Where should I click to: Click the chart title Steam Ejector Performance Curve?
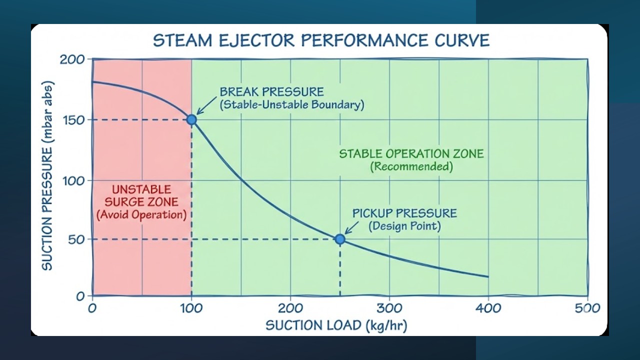click(321, 40)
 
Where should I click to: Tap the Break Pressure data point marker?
click(191, 119)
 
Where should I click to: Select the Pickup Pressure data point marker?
click(340, 239)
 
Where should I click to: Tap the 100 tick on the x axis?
click(191, 308)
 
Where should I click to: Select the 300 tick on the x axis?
click(389, 308)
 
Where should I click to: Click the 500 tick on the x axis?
click(587, 308)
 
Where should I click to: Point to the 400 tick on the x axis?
click(488, 308)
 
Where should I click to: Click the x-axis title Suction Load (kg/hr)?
click(336, 325)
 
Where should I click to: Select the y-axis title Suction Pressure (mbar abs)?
click(47, 175)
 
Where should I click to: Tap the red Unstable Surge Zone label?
click(141, 195)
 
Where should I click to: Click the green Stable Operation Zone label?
click(411, 153)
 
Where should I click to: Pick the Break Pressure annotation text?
click(271, 92)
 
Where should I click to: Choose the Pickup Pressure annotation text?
click(404, 213)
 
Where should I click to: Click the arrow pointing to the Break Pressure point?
click(204, 107)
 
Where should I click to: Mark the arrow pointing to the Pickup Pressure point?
click(352, 228)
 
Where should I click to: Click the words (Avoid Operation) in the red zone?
click(141, 215)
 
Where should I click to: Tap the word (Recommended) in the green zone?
click(411, 166)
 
